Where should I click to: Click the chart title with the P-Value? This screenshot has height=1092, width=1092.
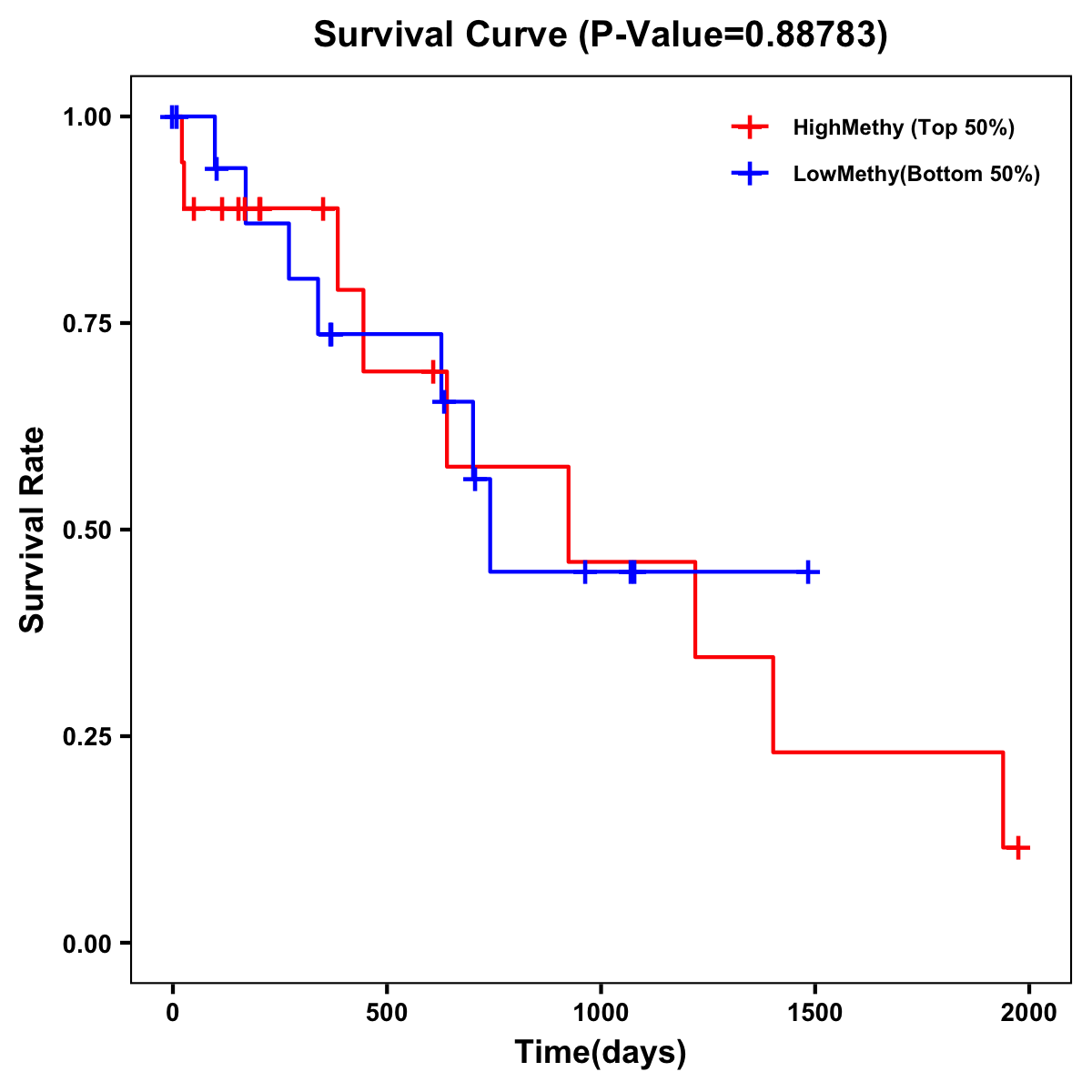(600, 35)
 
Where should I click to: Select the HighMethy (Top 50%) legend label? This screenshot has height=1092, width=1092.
(904, 127)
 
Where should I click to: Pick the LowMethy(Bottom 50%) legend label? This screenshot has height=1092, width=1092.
(916, 174)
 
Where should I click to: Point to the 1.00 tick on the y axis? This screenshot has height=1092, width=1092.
(87, 116)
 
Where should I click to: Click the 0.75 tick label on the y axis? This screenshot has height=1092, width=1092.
(87, 323)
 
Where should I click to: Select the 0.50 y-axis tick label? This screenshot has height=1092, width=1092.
(87, 530)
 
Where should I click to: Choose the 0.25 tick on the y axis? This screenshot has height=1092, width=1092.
(87, 736)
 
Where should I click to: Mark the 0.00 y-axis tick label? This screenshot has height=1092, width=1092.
(87, 943)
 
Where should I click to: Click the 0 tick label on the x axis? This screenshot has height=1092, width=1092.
(173, 1013)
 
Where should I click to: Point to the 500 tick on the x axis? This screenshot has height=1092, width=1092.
(387, 1013)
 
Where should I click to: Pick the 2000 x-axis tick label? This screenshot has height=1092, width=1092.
(1028, 1013)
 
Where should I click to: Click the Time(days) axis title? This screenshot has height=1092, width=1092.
(601, 1053)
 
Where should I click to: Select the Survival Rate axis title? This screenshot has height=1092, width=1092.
(33, 530)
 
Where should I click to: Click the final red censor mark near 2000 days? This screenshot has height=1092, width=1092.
(1019, 847)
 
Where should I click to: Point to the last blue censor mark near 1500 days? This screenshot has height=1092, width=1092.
(807, 571)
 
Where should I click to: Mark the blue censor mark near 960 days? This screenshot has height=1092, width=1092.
(584, 571)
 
